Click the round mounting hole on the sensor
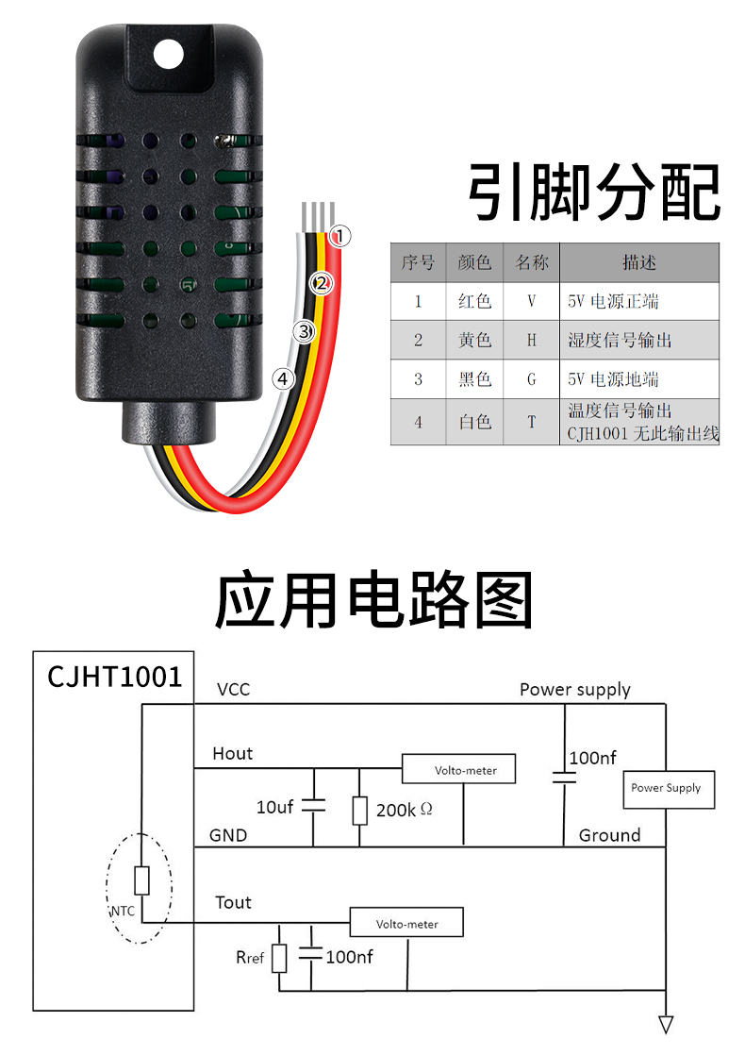pos(169,53)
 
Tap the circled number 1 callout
pos(341,236)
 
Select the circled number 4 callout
pos(283,378)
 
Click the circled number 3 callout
pos(303,331)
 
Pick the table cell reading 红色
pos(474,301)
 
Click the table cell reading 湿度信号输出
pos(620,341)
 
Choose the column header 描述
pos(638,262)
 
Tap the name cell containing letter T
pos(532,422)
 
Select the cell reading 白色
pos(474,422)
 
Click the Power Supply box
pos(666,788)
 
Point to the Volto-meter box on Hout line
pos(463,769)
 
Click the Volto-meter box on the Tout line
pos(406,923)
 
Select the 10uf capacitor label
pos(275,807)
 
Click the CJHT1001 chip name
pos(114,676)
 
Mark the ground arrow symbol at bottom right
pos(667,1024)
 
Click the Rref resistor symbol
pos(279,958)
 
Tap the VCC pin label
pos(233,689)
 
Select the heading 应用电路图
pos(373,600)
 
